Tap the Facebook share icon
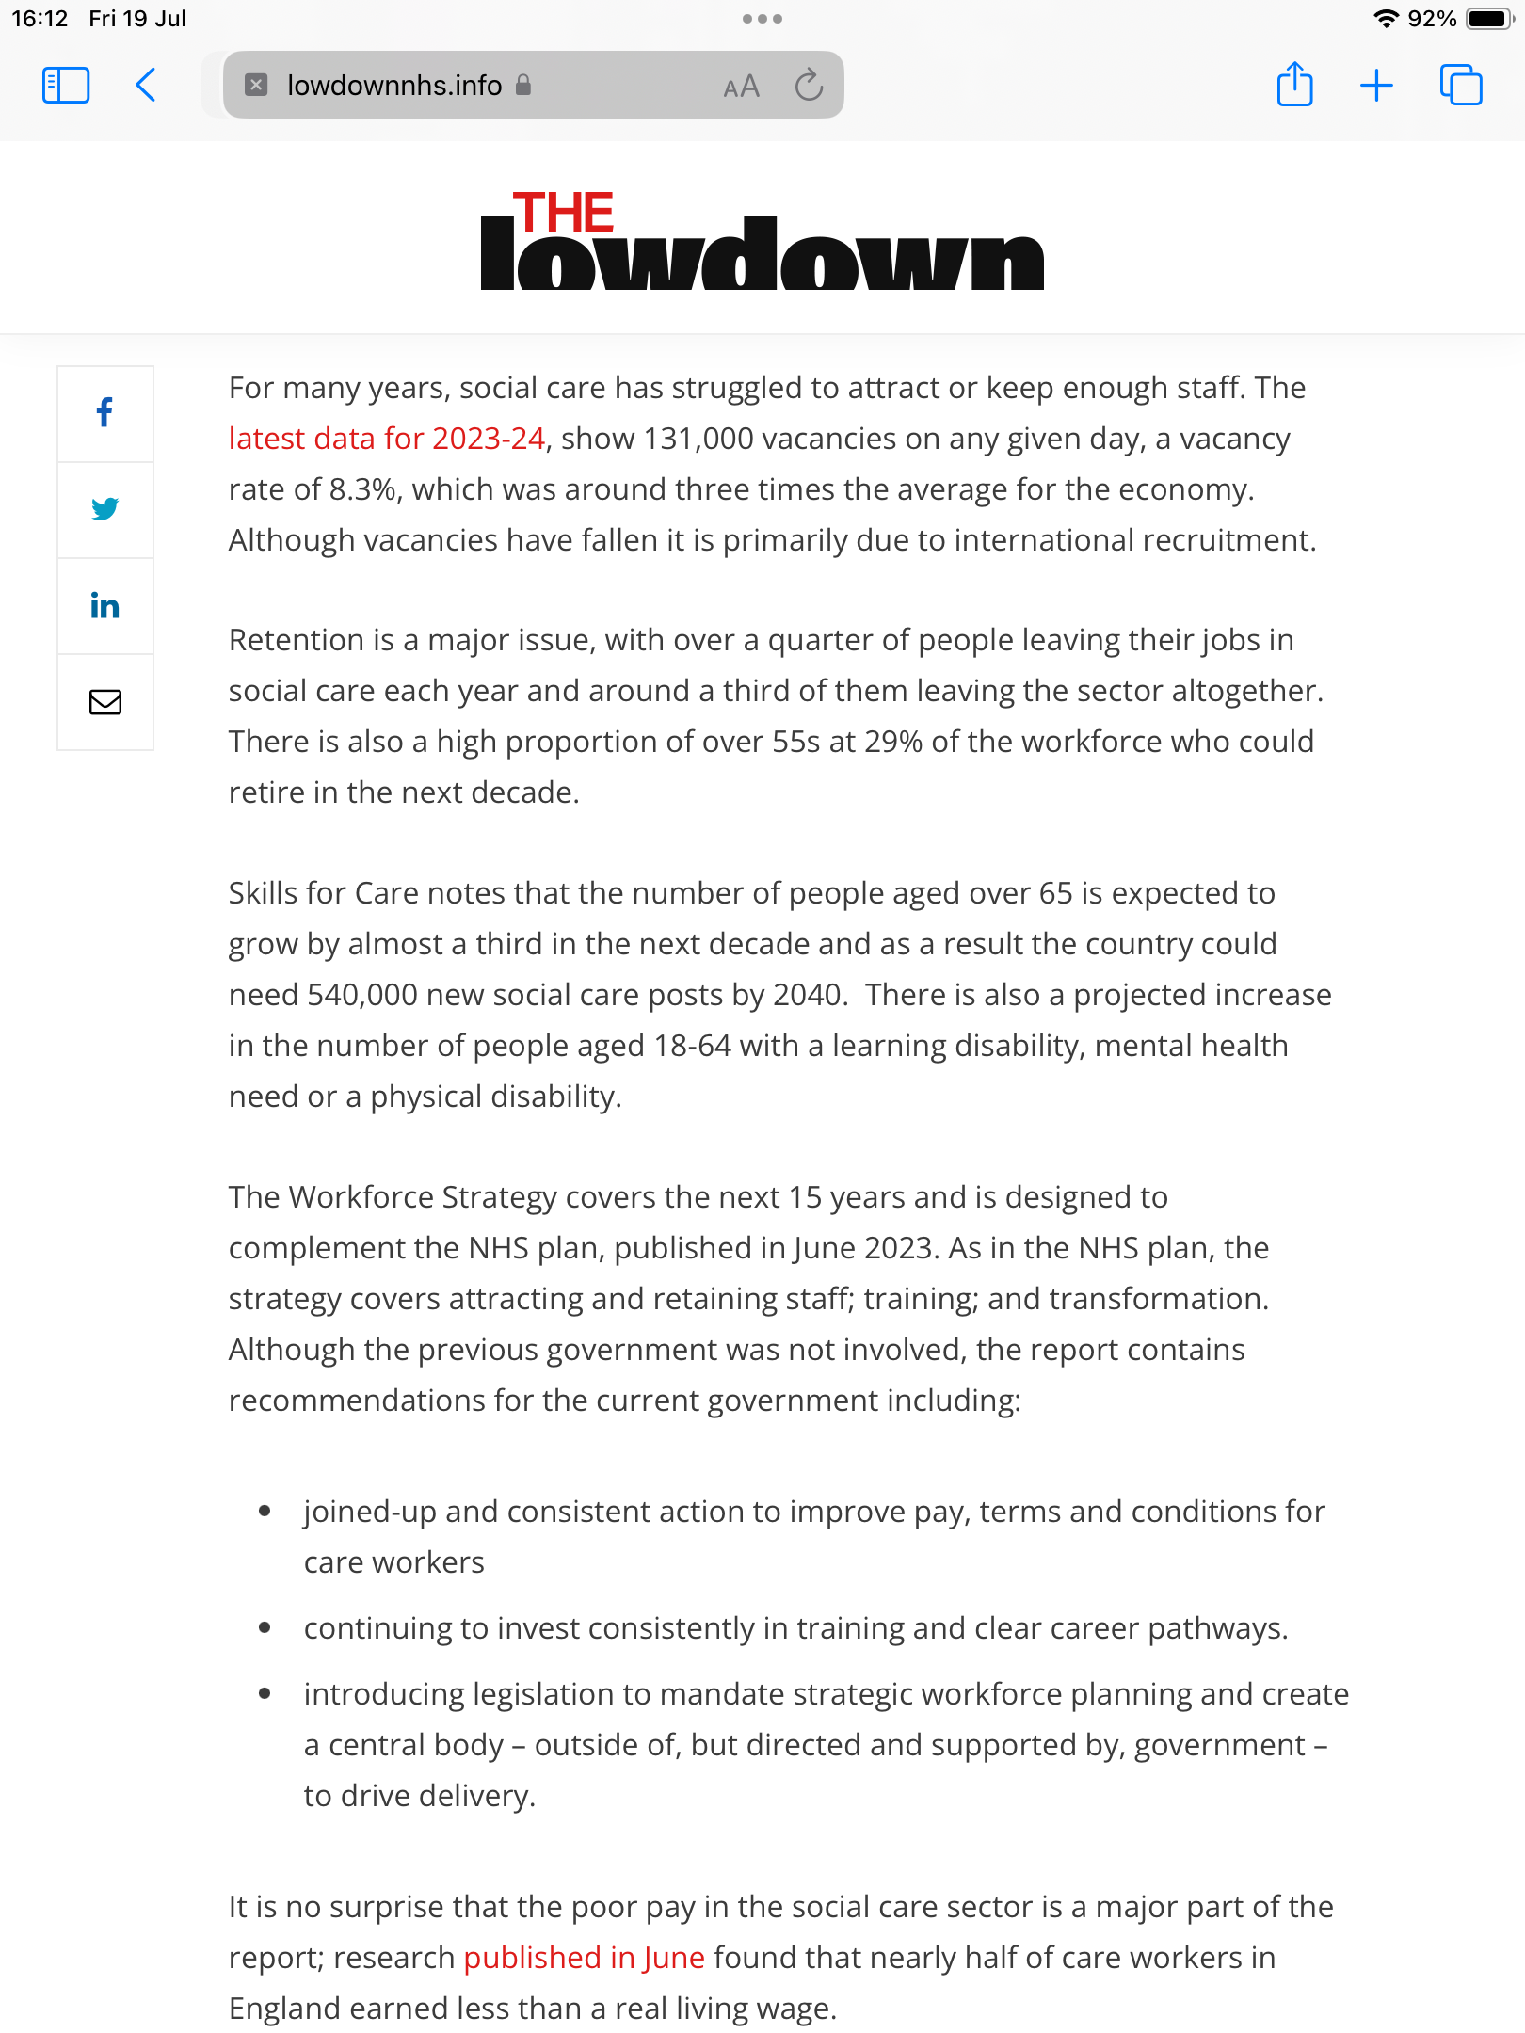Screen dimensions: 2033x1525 [x=104, y=412]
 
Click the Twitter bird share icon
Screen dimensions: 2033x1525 [x=104, y=509]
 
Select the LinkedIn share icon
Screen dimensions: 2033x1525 [x=104, y=606]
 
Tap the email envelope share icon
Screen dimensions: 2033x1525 [x=104, y=702]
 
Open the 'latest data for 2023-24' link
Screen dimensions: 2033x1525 [x=387, y=439]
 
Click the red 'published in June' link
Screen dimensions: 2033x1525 [x=584, y=1958]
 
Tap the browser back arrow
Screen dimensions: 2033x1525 [x=146, y=85]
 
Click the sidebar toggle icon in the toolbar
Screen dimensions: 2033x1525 [x=66, y=85]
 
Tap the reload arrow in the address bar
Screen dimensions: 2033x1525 [x=809, y=86]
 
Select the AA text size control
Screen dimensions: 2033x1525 [x=741, y=87]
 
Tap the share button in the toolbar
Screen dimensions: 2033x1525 [x=1294, y=85]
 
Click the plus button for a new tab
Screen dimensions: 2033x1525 [x=1376, y=85]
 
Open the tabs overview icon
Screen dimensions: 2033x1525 [x=1461, y=85]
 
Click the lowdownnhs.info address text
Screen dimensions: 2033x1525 [x=394, y=86]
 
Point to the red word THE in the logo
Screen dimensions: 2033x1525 [x=563, y=213]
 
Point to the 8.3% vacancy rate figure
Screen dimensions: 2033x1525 [x=362, y=489]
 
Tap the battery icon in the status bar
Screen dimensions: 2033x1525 [x=1489, y=19]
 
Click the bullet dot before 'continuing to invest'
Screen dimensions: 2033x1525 [x=265, y=1627]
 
